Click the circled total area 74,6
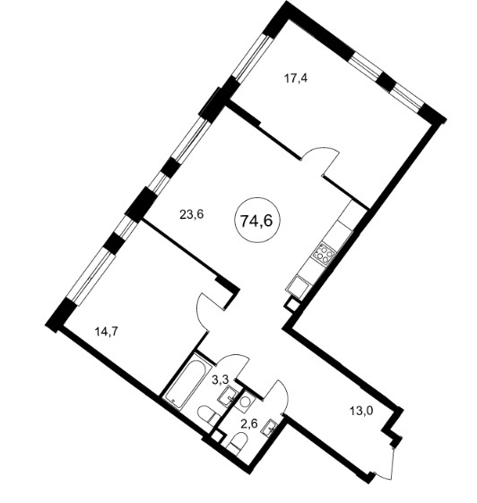[256, 220]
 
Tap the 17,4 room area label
[296, 78]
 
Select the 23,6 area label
[192, 214]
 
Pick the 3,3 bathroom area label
[220, 380]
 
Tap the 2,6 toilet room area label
[250, 424]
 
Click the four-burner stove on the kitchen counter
[325, 253]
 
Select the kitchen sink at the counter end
[299, 286]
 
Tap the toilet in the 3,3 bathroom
[208, 416]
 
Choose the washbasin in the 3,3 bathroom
[228, 396]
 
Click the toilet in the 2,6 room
[238, 443]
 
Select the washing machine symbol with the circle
[245, 402]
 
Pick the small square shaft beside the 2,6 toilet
[218, 437]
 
